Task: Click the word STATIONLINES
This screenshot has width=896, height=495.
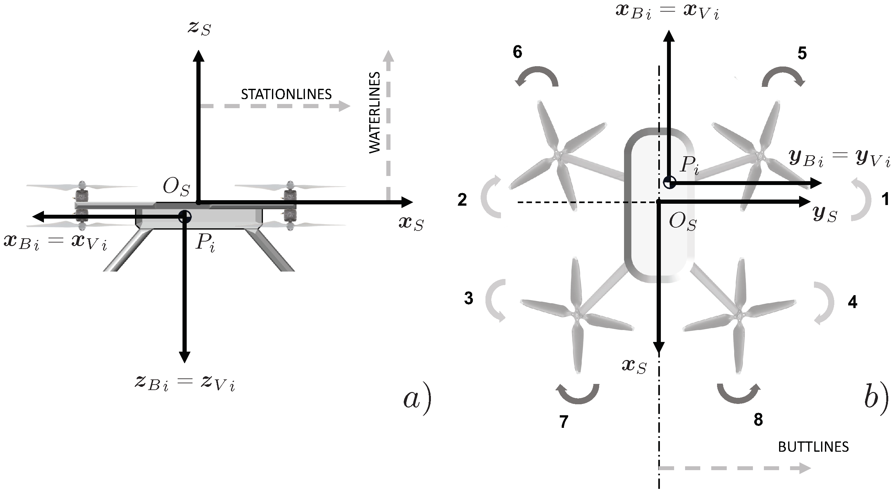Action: click(x=286, y=95)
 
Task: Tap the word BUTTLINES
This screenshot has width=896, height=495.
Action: click(x=813, y=447)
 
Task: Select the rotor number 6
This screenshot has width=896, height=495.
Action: click(x=517, y=52)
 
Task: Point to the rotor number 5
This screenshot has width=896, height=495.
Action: click(x=802, y=54)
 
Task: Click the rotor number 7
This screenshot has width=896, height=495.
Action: click(x=564, y=422)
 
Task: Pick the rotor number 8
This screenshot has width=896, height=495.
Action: click(x=758, y=420)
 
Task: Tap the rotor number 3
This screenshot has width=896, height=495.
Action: click(x=469, y=298)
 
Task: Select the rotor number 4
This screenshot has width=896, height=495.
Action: click(x=852, y=302)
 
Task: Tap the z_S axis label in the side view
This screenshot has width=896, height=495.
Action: click(x=199, y=28)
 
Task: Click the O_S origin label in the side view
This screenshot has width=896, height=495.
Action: click(x=176, y=188)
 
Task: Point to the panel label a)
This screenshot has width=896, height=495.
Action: click(x=417, y=400)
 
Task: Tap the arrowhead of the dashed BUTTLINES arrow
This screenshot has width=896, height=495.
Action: click(x=805, y=468)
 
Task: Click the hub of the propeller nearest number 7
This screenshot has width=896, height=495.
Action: click(x=576, y=313)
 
